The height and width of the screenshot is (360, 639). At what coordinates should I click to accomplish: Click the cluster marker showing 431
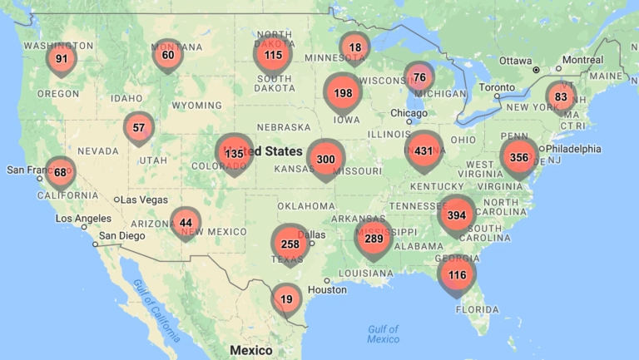point(424,151)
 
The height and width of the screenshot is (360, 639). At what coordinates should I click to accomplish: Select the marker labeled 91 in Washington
point(62,58)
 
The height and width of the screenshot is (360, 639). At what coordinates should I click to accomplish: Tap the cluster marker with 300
point(326,159)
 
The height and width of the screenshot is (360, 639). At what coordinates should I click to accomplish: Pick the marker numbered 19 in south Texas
point(287,298)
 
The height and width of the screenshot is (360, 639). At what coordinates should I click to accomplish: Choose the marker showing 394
point(457,215)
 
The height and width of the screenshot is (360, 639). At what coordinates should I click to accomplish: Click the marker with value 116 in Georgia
point(457,274)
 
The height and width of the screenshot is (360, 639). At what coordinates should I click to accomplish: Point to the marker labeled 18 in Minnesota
point(355,47)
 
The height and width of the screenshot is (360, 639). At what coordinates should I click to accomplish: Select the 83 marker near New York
point(561,96)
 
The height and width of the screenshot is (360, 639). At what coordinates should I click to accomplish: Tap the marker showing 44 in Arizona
point(186,222)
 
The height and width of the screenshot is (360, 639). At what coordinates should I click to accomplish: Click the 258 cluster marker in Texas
point(290,244)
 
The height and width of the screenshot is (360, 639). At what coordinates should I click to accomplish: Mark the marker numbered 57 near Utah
point(139,128)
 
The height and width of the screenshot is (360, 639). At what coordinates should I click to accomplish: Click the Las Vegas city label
point(146,200)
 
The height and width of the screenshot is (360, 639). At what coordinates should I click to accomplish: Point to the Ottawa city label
point(516,61)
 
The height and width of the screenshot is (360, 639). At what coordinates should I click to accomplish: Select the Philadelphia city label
point(573,149)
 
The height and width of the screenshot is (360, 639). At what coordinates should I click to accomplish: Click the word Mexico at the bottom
point(251,350)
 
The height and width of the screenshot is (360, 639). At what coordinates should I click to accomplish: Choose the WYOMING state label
point(197,106)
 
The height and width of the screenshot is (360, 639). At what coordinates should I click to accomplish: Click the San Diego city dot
point(95,244)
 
